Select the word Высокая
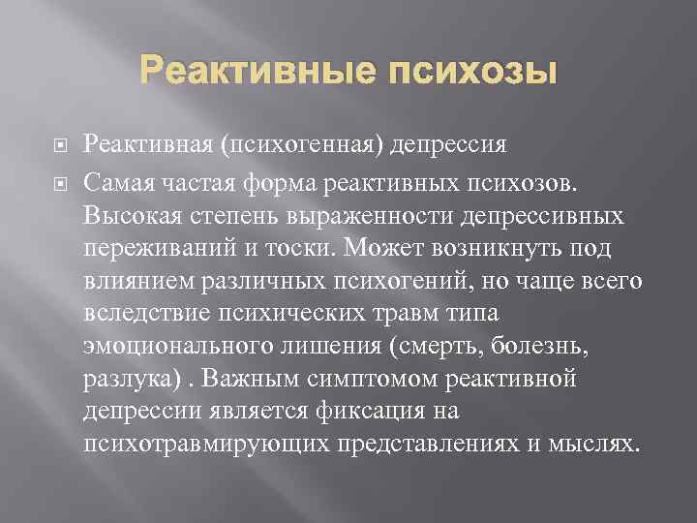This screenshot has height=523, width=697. pos(127,213)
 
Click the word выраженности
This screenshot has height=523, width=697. pos(354,214)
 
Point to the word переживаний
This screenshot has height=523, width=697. pos(155,247)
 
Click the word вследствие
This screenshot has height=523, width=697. pos(139,314)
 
